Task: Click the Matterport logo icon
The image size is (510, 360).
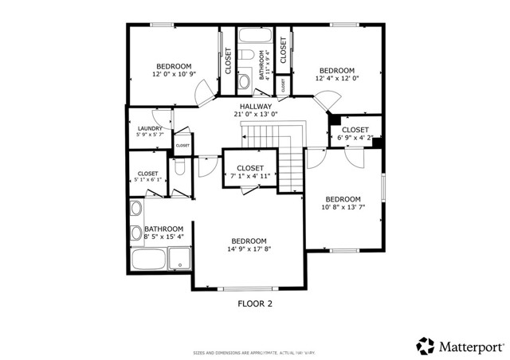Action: pyautogui.click(x=426, y=346)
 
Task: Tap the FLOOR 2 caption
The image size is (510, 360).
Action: pyautogui.click(x=256, y=303)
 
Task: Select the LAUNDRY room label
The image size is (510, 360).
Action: pyautogui.click(x=150, y=128)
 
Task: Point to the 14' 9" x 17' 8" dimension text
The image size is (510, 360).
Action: pyautogui.click(x=249, y=248)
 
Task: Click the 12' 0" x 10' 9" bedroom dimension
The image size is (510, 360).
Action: pyautogui.click(x=173, y=74)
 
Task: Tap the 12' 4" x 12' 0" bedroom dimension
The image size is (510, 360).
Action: pyautogui.click(x=335, y=78)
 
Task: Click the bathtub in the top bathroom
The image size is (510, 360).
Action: pyautogui.click(x=255, y=37)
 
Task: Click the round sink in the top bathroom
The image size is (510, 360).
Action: pyautogui.click(x=244, y=82)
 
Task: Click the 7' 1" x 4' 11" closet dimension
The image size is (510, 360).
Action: pyautogui.click(x=249, y=176)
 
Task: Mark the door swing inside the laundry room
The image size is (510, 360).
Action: pyautogui.click(x=179, y=132)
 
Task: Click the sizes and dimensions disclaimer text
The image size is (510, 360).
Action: pyautogui.click(x=254, y=352)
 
